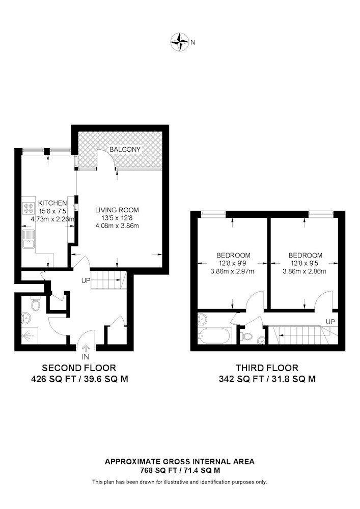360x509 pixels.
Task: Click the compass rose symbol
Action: [180, 42]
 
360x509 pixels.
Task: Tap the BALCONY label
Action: [125, 149]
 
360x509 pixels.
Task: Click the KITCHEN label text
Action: [52, 203]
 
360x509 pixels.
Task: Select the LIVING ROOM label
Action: [117, 210]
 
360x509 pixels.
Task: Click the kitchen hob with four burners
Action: [29, 208]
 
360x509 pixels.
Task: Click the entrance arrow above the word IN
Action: [86, 348]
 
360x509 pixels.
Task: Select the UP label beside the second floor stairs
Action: [86, 280]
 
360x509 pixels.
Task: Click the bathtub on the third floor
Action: [214, 335]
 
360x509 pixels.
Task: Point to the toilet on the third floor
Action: [246, 336]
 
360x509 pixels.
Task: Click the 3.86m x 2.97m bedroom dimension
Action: [232, 271]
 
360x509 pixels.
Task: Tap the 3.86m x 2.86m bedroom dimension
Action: [304, 271]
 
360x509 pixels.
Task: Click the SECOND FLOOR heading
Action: [79, 368]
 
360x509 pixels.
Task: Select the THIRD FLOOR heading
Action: [267, 368]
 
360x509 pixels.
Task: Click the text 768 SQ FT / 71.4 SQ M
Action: [180, 470]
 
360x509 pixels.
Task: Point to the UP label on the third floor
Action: [330, 322]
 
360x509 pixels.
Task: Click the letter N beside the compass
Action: [193, 42]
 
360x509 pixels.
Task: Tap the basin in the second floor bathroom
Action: [25, 319]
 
